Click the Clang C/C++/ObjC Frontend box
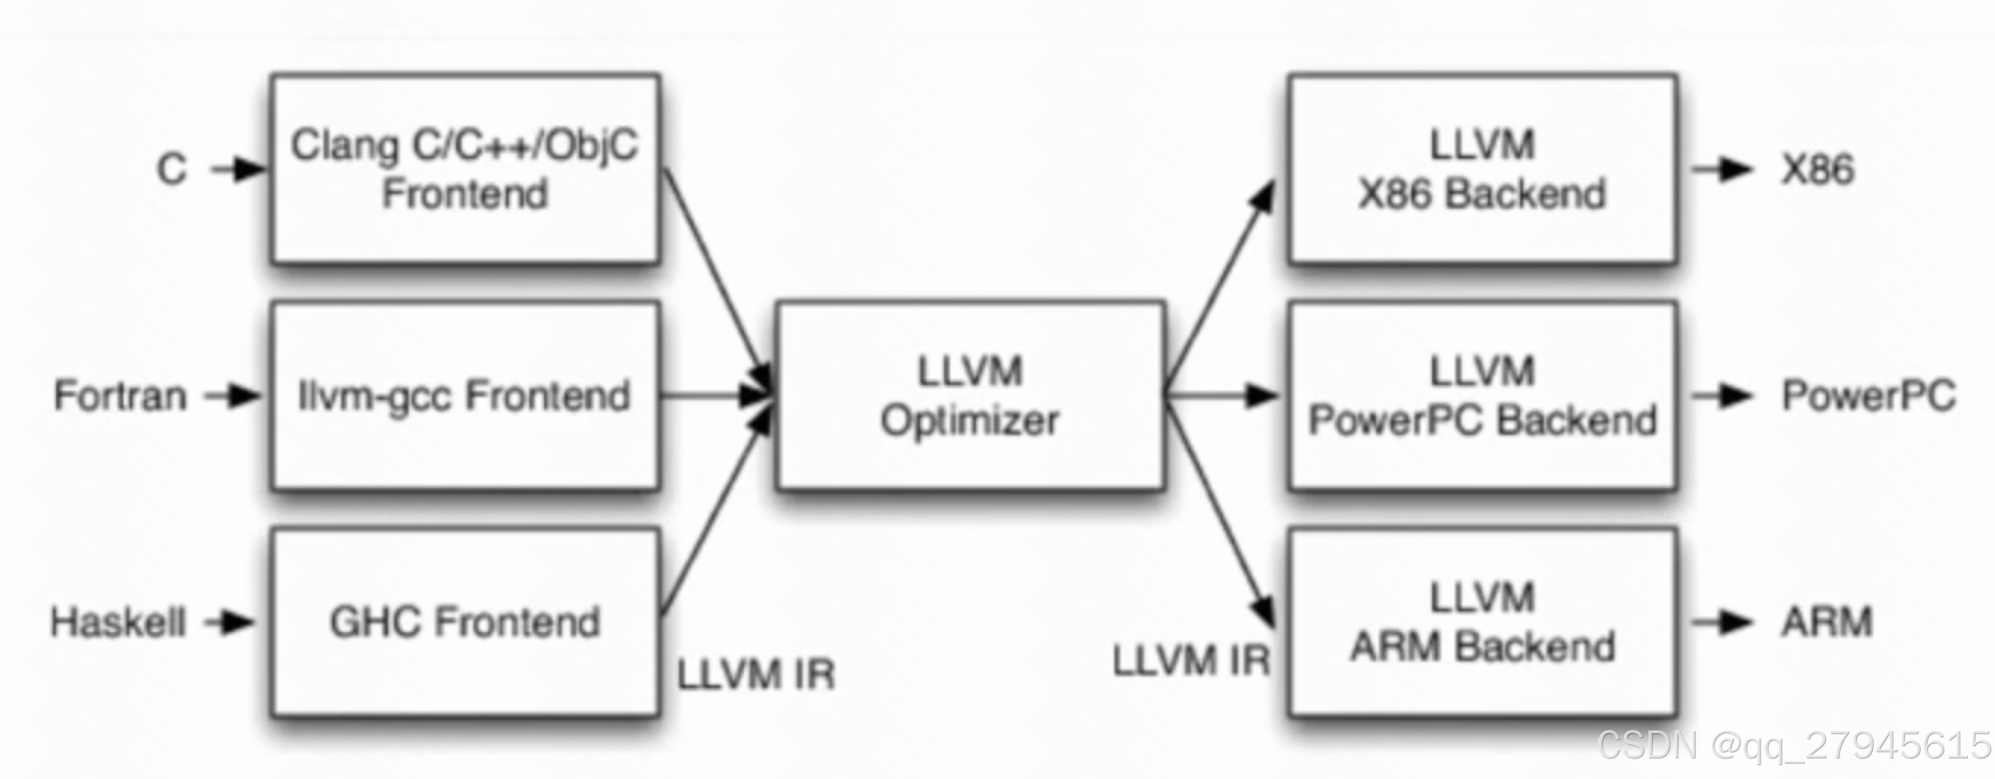tap(465, 169)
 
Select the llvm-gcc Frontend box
tap(465, 395)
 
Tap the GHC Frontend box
tap(465, 622)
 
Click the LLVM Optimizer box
tap(970, 395)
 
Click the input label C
tap(172, 169)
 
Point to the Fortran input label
tap(121, 395)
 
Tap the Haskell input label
tap(118, 622)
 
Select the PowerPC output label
tap(1869, 395)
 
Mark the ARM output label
tap(1826, 622)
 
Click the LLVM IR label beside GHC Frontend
tap(756, 675)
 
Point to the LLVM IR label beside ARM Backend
tap(1191, 661)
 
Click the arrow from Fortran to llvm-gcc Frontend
tap(232, 396)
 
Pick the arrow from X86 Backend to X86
tap(1721, 170)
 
